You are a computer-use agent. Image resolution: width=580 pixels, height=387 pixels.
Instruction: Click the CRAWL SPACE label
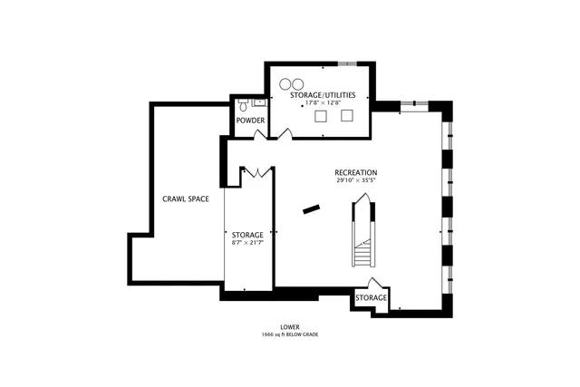[187, 198]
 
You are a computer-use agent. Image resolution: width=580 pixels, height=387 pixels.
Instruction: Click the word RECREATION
[355, 172]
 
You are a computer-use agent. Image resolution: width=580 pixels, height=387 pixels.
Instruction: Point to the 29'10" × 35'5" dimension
[355, 181]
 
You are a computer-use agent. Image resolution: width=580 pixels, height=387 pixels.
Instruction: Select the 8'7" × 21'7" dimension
[247, 243]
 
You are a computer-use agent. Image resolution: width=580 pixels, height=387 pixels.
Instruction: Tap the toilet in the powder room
[242, 105]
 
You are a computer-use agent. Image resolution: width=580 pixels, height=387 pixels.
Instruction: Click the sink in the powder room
[257, 102]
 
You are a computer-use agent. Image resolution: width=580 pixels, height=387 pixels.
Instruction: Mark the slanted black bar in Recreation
[312, 208]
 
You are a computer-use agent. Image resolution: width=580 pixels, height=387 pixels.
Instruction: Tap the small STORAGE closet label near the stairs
[371, 298]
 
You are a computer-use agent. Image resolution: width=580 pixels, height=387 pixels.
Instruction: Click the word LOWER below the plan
[290, 327]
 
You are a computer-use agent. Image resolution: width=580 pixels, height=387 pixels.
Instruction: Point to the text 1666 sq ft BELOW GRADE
[290, 335]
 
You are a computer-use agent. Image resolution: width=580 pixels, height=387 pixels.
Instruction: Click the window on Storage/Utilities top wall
[348, 63]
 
